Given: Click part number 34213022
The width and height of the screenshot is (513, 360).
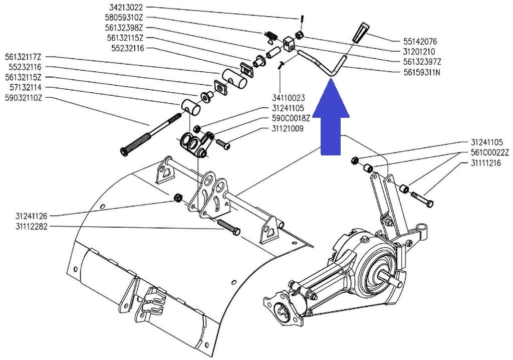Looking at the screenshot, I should pos(126,8).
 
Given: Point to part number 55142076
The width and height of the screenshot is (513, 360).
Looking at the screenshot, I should pos(420,42).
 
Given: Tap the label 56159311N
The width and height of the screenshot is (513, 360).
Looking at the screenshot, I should pos(422,72).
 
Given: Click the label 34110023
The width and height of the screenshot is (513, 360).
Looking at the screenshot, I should pos(289,98).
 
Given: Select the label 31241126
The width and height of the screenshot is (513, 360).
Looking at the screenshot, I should pos(31,216).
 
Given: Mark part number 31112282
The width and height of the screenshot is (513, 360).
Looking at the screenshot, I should pos(31,227).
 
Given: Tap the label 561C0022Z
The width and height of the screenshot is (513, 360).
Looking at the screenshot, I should pos(490,153).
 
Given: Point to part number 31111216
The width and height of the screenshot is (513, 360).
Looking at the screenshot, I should pos(485,163).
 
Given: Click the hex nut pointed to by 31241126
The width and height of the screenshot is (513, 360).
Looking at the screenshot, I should pos(177,197).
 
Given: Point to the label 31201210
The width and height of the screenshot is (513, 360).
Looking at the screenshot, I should pos(419,52).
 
